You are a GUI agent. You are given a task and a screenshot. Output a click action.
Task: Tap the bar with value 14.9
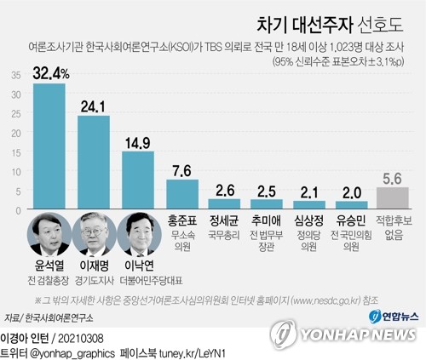[x=138, y=180]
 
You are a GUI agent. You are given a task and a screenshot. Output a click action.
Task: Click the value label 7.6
[x=182, y=169]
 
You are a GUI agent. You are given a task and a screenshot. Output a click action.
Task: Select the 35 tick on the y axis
[x=16, y=74]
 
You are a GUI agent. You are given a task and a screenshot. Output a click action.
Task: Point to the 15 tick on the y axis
[x=16, y=151]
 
